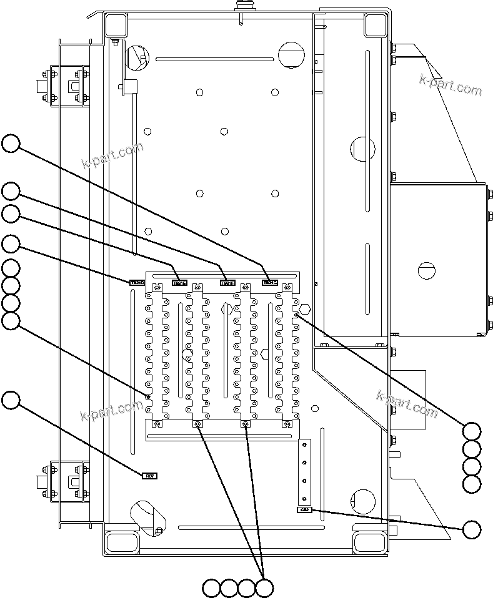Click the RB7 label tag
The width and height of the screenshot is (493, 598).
[x=150, y=476]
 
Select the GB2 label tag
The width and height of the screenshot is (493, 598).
[x=304, y=510]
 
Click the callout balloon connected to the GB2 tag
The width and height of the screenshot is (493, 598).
[x=472, y=529]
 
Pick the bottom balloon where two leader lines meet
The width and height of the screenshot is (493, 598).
[x=265, y=587]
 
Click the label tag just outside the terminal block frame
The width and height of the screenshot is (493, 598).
[x=137, y=283]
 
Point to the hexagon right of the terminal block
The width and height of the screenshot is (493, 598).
[x=306, y=308]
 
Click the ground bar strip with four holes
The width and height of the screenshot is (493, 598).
[x=304, y=471]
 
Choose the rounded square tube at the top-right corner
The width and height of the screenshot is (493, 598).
[x=374, y=25]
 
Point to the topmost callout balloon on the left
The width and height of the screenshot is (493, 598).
[x=11, y=143]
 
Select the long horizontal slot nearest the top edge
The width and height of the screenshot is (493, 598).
[x=214, y=59]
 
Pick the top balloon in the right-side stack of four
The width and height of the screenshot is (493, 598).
[x=472, y=431]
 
